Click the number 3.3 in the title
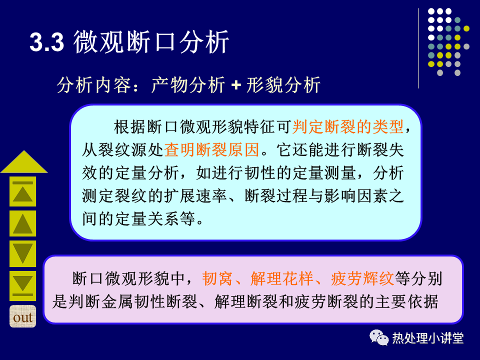click(47, 42)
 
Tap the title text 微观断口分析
click(151, 42)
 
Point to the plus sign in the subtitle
click(236, 85)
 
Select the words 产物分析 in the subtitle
click(188, 84)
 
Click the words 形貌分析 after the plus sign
click(283, 84)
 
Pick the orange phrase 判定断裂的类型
click(348, 126)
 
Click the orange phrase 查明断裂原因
click(212, 149)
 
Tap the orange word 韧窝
click(217, 278)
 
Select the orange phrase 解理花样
click(281, 278)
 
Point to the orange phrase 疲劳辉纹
click(362, 278)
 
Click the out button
click(22, 316)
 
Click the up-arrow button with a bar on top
click(22, 191)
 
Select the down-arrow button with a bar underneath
click(22, 285)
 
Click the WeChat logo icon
click(379, 337)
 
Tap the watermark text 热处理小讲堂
click(428, 338)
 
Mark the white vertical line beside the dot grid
click(418, 48)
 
